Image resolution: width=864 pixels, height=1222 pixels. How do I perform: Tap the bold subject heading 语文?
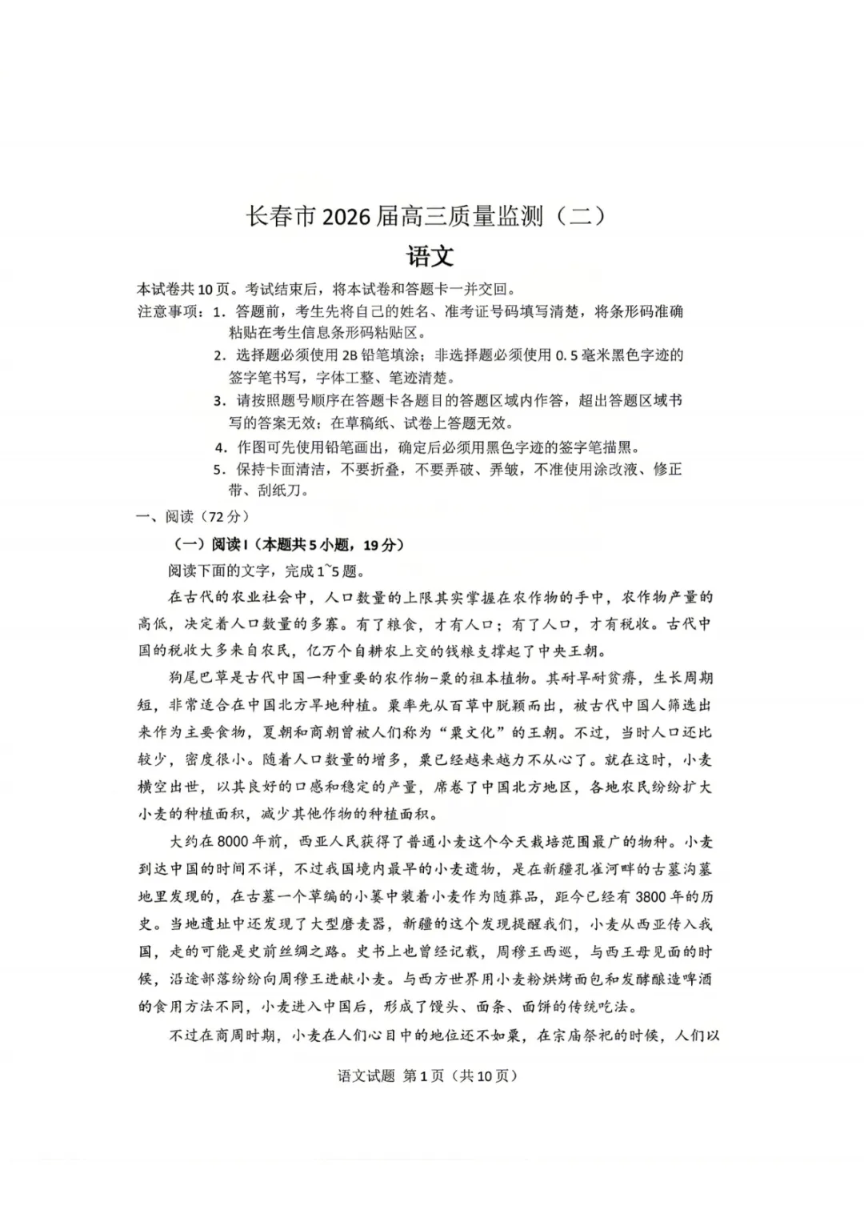pos(430,256)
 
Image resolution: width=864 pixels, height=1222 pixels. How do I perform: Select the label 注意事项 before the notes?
pos(170,311)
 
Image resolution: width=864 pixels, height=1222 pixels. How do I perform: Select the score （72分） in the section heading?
pos(223,516)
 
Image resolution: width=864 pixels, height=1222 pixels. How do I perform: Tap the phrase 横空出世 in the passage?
pos(167,787)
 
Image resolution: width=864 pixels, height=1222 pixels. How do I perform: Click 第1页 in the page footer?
pos(423,1076)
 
